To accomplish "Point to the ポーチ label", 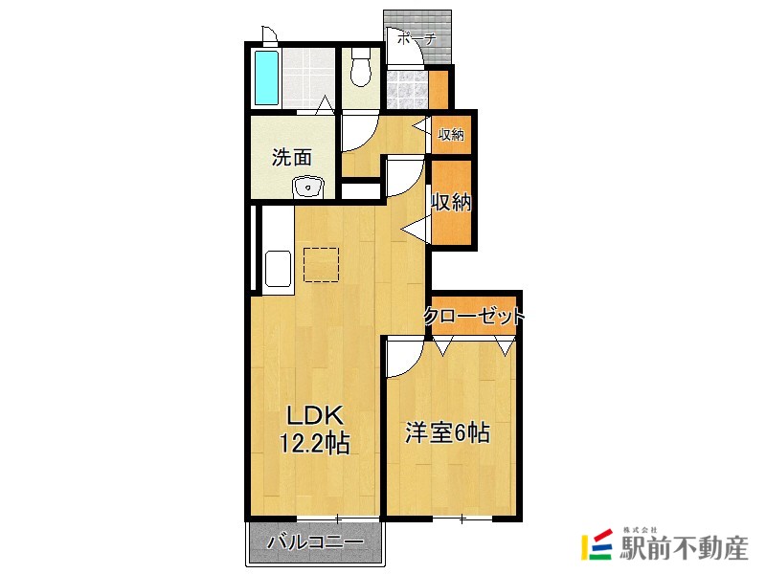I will coord(416,39).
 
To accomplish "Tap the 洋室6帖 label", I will coord(447,433).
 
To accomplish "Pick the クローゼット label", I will coord(475,315).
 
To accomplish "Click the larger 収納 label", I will coord(451,203).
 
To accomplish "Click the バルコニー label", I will coord(315,542).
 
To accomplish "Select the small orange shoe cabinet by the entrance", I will coord(438,89).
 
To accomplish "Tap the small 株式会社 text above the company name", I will coord(641,529).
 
